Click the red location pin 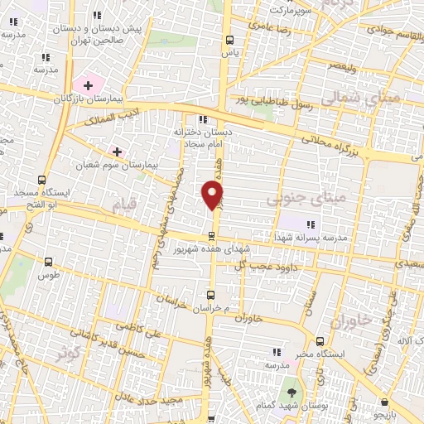coord(213,195)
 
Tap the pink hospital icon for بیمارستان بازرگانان coord(88,85)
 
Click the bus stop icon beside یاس coord(230,40)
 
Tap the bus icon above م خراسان coord(210,294)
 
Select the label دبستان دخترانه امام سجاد coord(196,137)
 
